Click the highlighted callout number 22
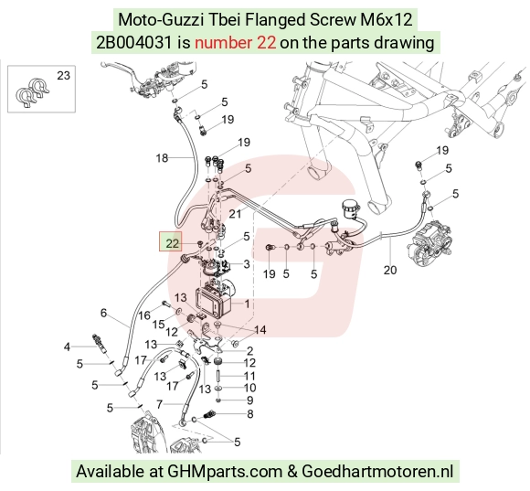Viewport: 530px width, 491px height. (172, 243)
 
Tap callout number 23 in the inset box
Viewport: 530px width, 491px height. (63, 75)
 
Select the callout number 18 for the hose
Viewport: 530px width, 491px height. (162, 157)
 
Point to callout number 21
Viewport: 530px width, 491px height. (235, 214)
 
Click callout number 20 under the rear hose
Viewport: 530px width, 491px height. (390, 270)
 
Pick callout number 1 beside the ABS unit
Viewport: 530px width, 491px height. (247, 304)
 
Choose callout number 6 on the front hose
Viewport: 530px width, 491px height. (103, 313)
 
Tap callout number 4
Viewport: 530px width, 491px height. (67, 347)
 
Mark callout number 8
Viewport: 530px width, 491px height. (250, 414)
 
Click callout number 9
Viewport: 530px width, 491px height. (250, 400)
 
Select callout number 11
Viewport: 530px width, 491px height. (249, 376)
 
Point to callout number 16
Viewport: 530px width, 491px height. (144, 315)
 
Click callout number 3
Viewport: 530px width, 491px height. (247, 263)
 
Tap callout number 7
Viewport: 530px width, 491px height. (160, 404)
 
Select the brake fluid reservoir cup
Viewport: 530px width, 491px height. (349, 208)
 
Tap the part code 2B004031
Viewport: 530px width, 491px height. (134, 43)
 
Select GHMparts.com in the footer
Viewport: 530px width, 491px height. (225, 471)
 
